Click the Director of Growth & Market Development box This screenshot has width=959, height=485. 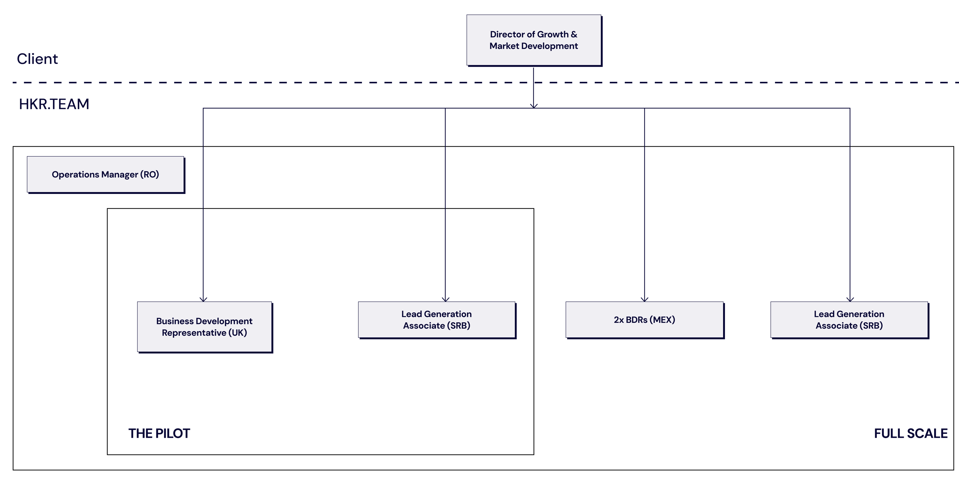534,41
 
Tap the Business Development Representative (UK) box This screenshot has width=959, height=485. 205,327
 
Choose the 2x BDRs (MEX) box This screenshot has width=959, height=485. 645,320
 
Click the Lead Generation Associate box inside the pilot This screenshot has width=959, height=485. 437,320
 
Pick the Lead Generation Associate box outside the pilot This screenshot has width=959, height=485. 850,320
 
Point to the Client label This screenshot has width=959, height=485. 37,59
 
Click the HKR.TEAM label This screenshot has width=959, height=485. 54,104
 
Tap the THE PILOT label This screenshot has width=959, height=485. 159,434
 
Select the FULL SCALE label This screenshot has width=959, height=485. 911,434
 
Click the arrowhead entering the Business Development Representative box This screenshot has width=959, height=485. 203,299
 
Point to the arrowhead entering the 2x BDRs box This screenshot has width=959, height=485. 644,299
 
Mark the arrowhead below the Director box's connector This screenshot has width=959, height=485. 534,106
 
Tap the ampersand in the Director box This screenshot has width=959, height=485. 574,34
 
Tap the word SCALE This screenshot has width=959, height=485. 927,434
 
